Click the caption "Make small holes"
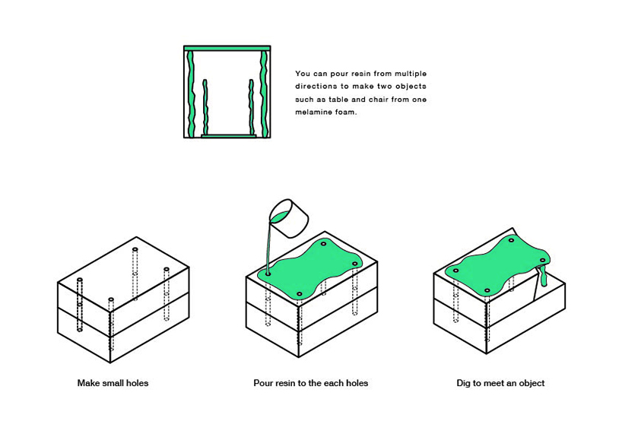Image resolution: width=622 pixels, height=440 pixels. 113,383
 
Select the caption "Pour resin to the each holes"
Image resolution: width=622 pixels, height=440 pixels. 310,383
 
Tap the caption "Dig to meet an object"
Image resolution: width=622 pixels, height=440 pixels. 500,383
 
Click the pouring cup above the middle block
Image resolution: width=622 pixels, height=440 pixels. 289,218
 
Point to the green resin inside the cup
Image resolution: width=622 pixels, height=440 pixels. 281,217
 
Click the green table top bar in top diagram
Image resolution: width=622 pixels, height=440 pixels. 227,48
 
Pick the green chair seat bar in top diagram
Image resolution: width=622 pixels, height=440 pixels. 228,136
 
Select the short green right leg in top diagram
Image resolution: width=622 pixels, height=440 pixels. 251,106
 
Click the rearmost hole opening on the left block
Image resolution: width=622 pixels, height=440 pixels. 135,250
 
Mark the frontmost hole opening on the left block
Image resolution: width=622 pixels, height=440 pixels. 111,299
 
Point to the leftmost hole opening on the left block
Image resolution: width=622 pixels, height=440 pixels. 80,280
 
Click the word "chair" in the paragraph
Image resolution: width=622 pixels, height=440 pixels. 379,100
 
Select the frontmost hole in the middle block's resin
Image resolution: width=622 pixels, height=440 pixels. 300,294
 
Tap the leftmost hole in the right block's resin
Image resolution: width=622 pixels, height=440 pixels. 456,271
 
